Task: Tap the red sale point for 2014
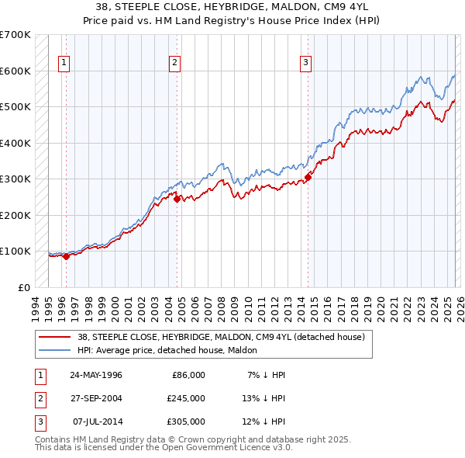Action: coord(308,178)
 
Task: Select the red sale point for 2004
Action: coord(177,199)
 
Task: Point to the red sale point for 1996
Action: coord(66,256)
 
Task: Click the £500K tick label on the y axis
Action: coord(15,107)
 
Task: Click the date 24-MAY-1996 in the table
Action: coord(96,375)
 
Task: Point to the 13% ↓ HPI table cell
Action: coord(265,398)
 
